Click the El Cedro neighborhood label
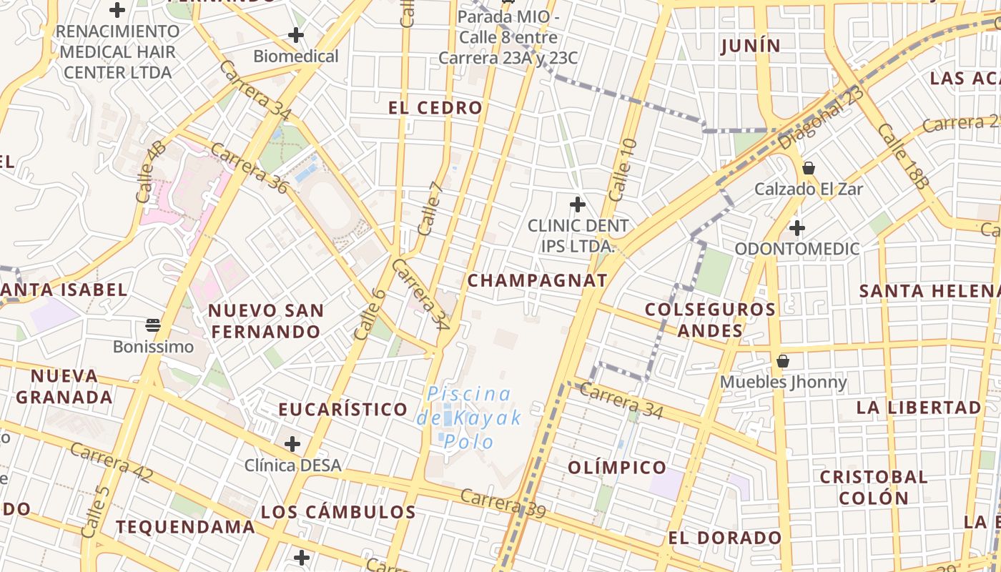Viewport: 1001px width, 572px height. click(435, 108)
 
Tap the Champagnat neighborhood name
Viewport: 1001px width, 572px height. click(537, 280)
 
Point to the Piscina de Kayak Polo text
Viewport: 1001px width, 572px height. click(469, 418)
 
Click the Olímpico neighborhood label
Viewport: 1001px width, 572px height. click(617, 468)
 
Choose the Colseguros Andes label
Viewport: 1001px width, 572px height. click(710, 320)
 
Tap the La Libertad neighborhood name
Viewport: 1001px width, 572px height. click(919, 408)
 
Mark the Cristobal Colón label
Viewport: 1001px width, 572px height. click(874, 487)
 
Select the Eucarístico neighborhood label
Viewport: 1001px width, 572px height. click(343, 410)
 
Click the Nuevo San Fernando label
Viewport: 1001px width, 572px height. click(266, 321)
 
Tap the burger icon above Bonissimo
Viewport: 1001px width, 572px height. click(152, 325)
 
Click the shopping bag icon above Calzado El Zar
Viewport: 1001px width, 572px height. click(809, 168)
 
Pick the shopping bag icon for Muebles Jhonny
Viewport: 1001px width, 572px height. click(783, 360)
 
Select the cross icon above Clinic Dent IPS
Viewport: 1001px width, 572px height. click(577, 204)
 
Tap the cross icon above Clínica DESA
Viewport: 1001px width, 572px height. click(292, 444)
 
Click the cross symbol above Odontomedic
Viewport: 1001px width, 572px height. click(797, 228)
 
